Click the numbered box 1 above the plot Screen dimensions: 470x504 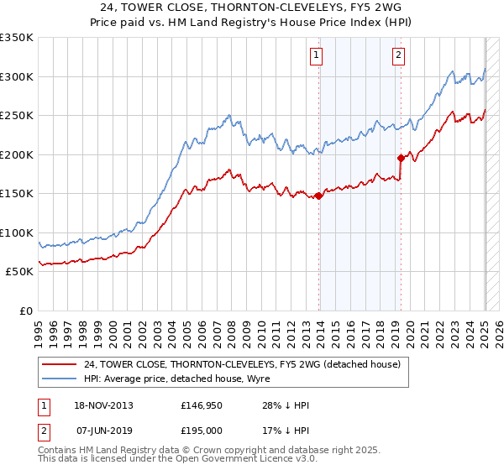[316, 56]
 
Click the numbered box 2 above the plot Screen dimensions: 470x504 [397, 56]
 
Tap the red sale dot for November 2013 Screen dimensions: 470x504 [319, 196]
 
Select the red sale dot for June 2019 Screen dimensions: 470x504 [401, 158]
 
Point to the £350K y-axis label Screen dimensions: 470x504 [17, 38]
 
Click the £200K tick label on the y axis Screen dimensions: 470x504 [17, 154]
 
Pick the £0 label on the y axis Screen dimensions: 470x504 [26, 311]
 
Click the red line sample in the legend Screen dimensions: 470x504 [60, 364]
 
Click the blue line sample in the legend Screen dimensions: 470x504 [60, 379]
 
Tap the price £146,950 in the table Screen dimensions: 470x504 [200, 406]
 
